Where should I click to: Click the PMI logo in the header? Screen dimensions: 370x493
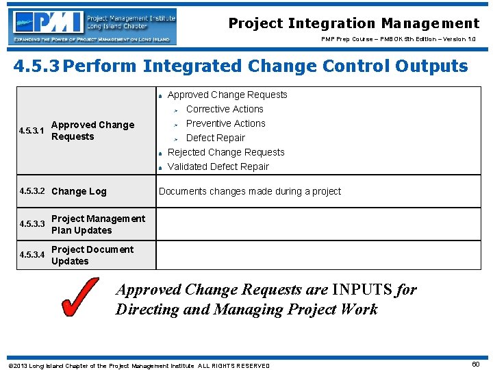click(94, 26)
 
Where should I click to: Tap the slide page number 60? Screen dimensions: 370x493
click(475, 365)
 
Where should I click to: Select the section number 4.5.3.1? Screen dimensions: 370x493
click(32, 131)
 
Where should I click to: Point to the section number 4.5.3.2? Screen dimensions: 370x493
click(32, 191)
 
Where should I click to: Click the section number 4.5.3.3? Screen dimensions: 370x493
click(32, 224)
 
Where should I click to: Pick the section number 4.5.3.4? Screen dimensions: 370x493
click(32, 255)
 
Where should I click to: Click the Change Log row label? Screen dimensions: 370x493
click(79, 191)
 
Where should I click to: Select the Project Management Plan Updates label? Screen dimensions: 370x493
click(98, 224)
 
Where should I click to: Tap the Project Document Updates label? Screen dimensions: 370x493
click(92, 255)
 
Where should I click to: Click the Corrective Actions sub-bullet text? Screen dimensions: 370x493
click(225, 109)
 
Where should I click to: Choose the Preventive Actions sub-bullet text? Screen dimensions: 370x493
click(225, 123)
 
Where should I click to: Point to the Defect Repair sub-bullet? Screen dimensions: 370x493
click(215, 138)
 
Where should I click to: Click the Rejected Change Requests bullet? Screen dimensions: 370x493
click(226, 152)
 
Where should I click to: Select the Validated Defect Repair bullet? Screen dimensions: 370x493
click(218, 166)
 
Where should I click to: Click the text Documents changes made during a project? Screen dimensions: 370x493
click(249, 191)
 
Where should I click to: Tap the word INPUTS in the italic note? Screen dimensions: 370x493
click(362, 290)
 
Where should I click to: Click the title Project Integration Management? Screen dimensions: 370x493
click(353, 23)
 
